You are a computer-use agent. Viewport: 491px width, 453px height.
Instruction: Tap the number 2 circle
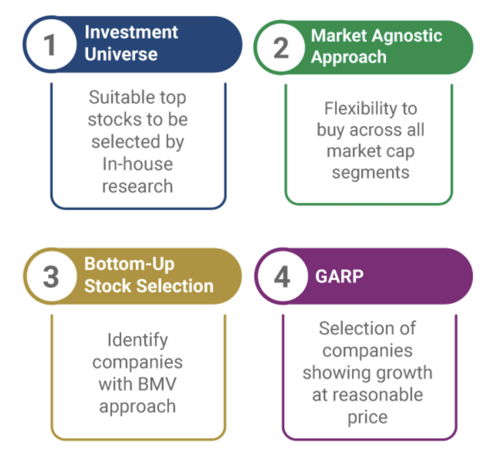coord(281,47)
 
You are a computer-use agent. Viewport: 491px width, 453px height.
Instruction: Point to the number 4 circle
coord(281,277)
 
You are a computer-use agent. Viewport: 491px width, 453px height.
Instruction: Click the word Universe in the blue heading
coord(121,54)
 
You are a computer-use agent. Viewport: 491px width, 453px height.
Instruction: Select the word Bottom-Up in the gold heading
coord(129,264)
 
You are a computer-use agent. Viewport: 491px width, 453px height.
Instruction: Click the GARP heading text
coord(339,277)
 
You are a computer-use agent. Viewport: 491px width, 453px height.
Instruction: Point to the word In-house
coord(138,164)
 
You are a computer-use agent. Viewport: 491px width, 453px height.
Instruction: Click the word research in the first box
coord(138,186)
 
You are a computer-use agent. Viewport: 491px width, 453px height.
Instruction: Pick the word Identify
coord(138,340)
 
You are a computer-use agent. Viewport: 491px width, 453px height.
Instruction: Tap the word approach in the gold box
coord(138,406)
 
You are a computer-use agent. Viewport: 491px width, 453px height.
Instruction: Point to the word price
coord(367,417)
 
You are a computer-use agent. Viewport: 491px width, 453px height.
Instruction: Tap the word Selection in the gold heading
coord(175,286)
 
